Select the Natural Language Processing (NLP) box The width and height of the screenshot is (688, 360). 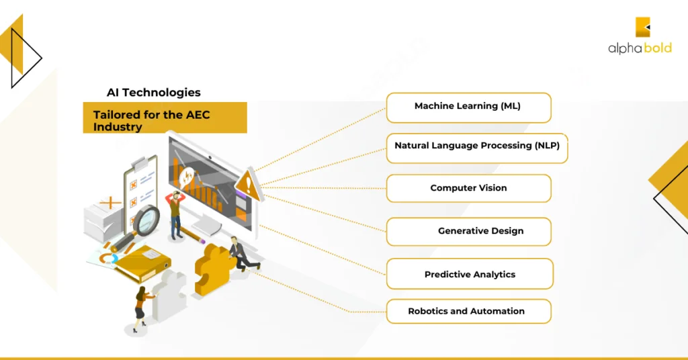pos(477,147)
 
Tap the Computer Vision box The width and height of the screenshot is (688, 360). pos(468,189)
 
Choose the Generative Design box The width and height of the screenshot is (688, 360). pos(468,232)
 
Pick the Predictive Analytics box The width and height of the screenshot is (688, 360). pos(470,274)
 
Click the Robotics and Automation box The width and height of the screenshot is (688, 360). pos(468,312)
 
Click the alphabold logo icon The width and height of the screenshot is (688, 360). pos(643,27)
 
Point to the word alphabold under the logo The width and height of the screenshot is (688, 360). pos(639,48)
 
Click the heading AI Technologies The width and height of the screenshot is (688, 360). pos(153,93)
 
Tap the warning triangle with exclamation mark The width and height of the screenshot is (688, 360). pos(248,183)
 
